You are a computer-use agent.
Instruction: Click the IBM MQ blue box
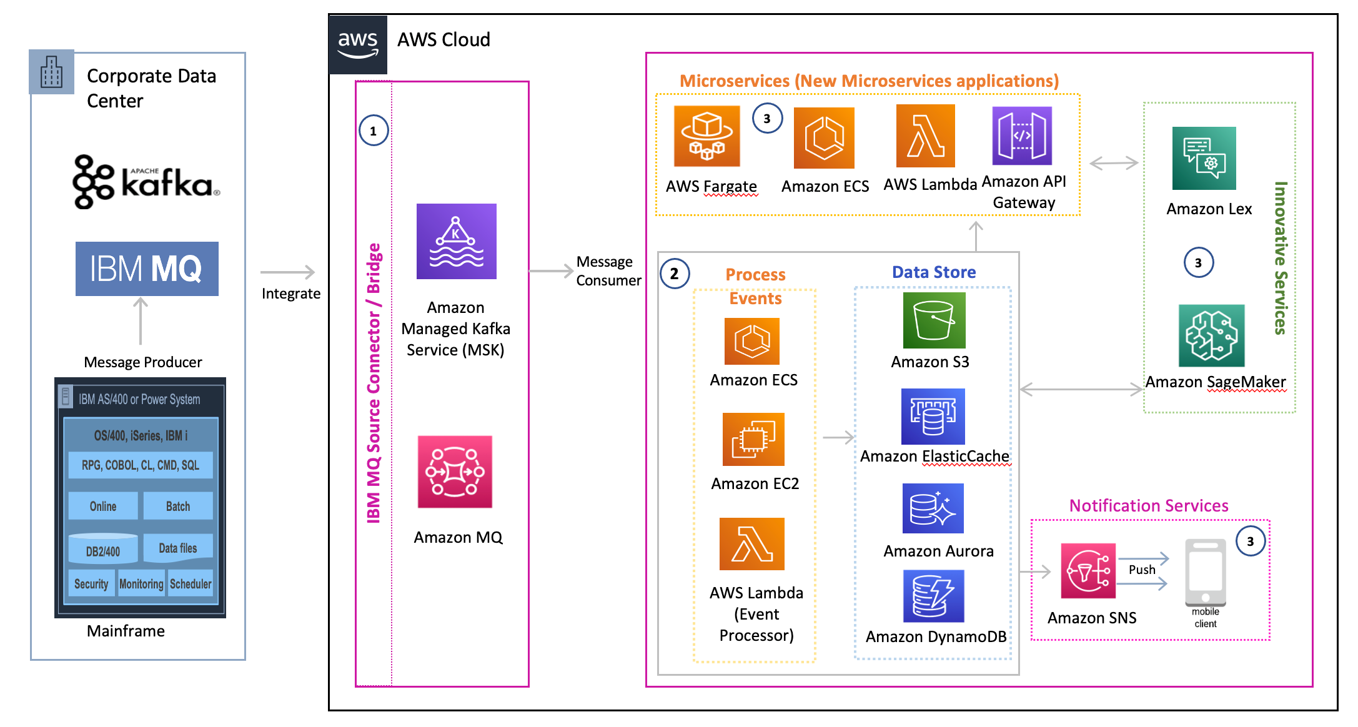tap(147, 269)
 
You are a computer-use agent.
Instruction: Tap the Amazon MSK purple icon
tap(456, 241)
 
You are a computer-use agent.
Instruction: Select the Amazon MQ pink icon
tap(455, 472)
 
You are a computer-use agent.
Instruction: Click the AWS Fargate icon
tap(706, 136)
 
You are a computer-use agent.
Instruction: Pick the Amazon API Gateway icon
tap(1022, 136)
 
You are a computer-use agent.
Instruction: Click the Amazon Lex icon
tap(1204, 158)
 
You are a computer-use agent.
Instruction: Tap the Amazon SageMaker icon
tap(1211, 335)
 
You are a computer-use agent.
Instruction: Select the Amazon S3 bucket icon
tap(934, 320)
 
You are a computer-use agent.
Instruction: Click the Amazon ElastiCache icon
tap(933, 417)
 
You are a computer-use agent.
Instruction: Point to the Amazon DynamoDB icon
tap(933, 596)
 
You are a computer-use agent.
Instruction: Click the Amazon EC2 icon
tap(753, 439)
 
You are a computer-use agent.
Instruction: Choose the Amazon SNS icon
tap(1088, 570)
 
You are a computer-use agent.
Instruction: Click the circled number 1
tap(374, 131)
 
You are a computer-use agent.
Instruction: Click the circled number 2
tap(674, 274)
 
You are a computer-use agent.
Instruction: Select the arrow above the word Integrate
tap(287, 272)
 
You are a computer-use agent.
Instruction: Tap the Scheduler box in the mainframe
tap(191, 583)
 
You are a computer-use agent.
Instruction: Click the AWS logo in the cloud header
tap(358, 44)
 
